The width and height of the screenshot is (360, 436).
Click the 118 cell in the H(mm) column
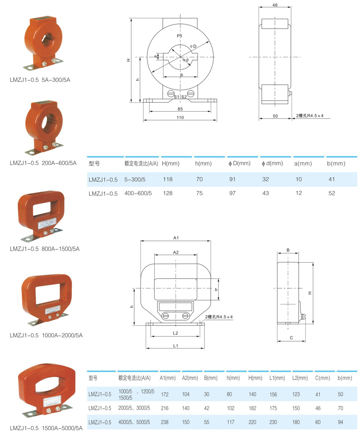168,180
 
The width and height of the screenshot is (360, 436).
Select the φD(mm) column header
239,164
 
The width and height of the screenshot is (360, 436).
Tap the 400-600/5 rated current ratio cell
138,193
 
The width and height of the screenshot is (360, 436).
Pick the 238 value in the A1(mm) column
165,422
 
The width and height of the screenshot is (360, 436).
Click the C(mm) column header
322,378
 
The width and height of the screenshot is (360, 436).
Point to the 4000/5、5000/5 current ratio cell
134,422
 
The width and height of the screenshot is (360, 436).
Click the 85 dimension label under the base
180,109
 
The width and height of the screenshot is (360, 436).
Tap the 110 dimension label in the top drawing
180,117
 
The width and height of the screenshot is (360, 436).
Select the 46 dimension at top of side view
275,5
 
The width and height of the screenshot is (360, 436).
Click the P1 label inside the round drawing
180,36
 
